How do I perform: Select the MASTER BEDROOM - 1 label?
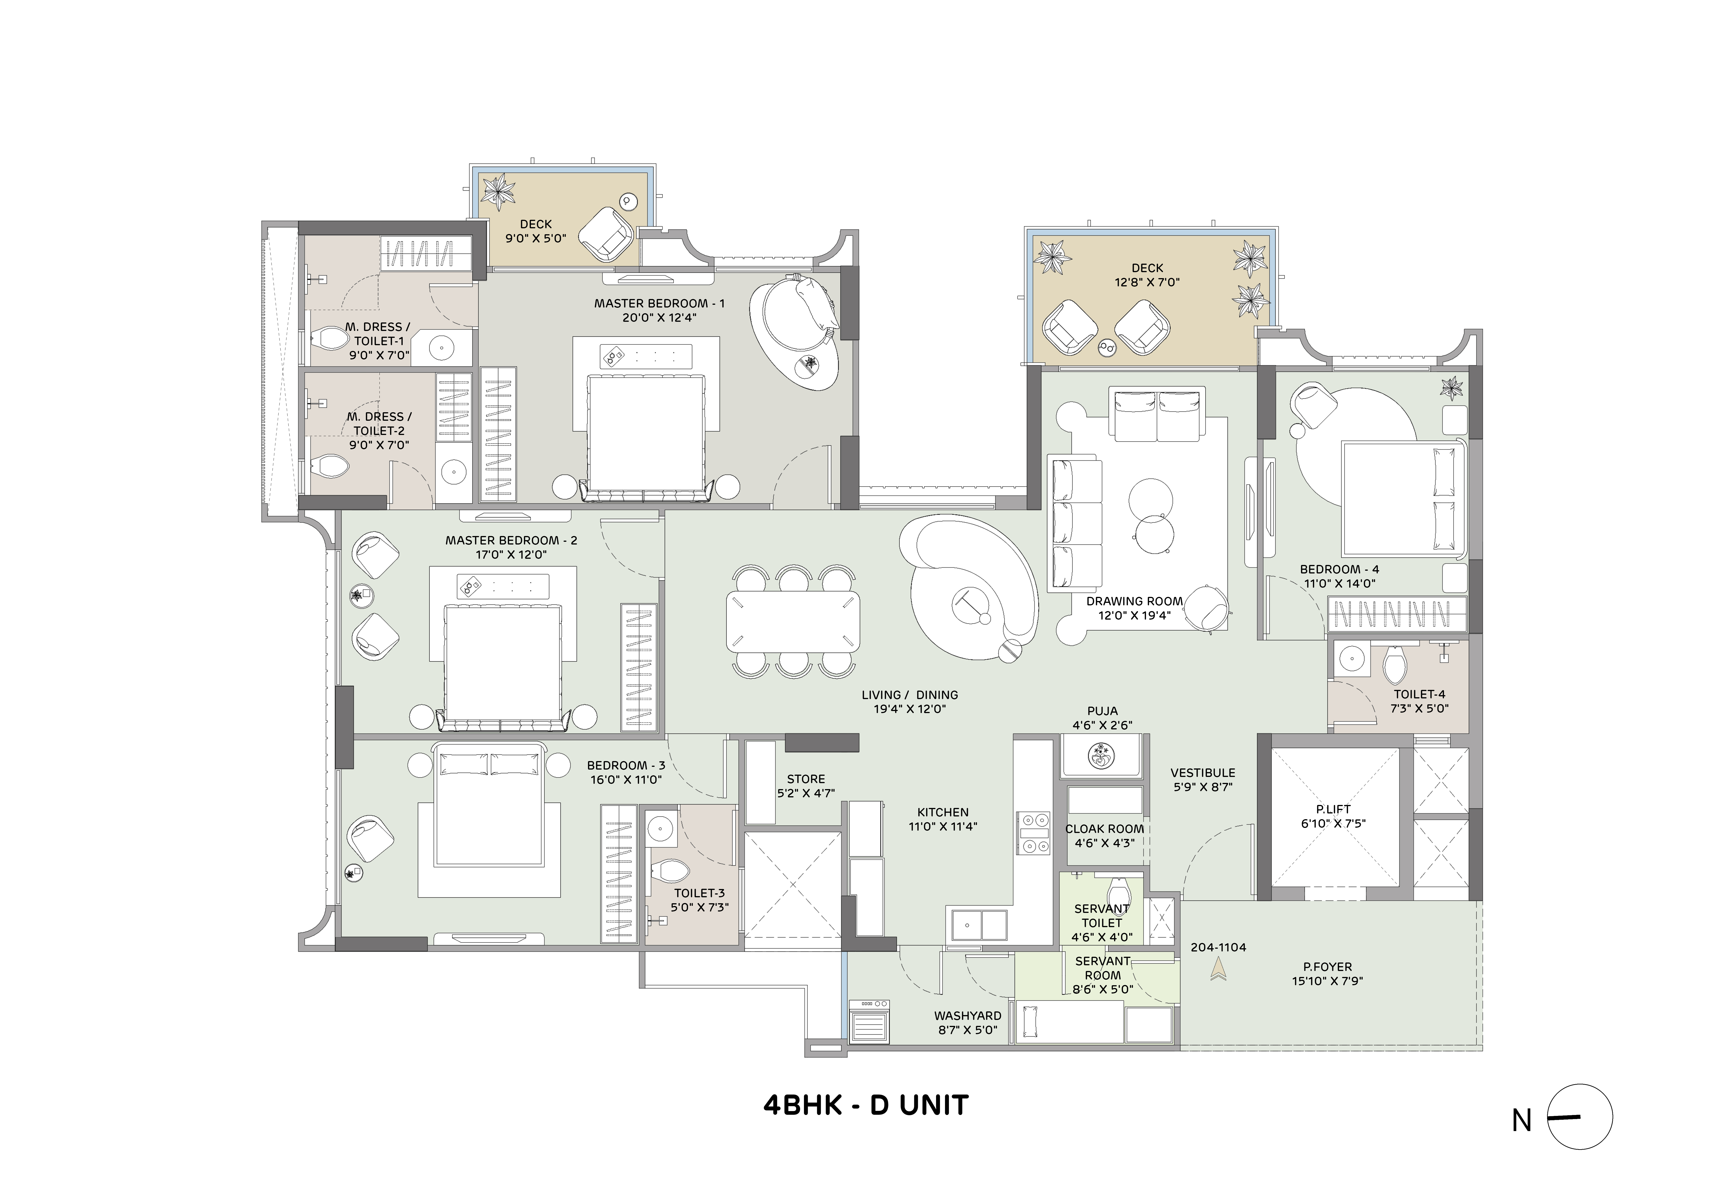pos(659,304)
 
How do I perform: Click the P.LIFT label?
pos(1333,809)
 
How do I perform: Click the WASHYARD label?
pos(967,1016)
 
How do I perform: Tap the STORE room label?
pos(806,778)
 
